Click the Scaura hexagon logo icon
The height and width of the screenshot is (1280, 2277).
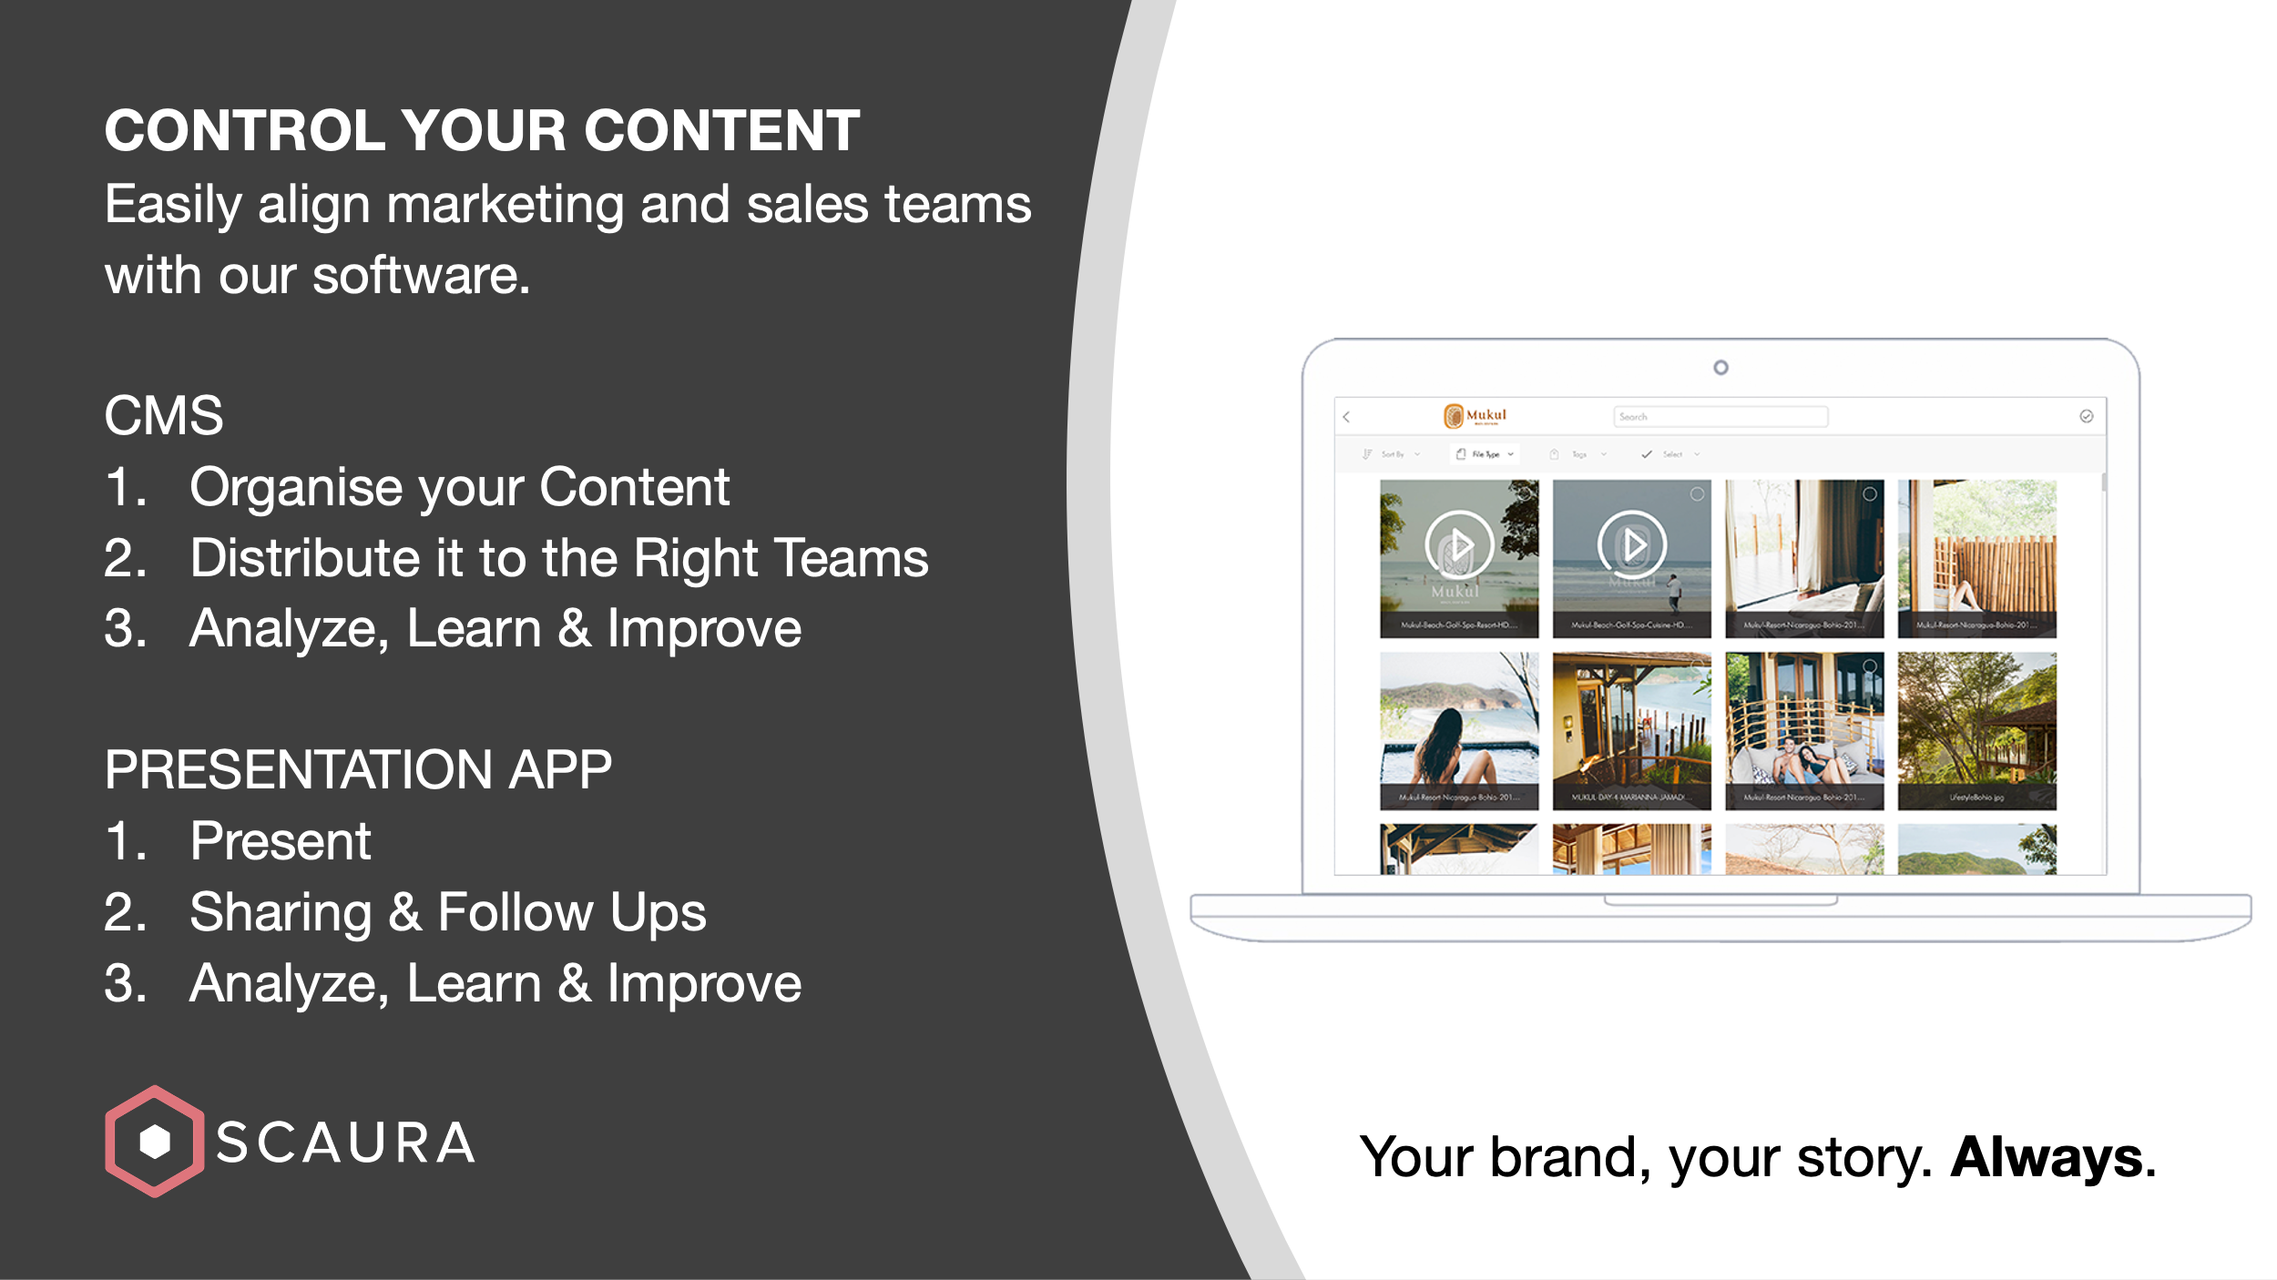pyautogui.click(x=154, y=1141)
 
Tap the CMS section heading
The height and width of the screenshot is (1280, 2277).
pyautogui.click(x=164, y=416)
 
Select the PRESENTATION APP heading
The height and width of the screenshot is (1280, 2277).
pyautogui.click(x=358, y=770)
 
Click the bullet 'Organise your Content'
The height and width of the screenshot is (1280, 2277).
pyautogui.click(x=459, y=487)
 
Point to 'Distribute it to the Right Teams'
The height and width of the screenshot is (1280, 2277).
pyautogui.click(x=558, y=558)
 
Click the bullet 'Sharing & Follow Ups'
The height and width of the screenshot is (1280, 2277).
pyautogui.click(x=447, y=912)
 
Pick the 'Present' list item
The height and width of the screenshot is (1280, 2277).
pyautogui.click(x=280, y=841)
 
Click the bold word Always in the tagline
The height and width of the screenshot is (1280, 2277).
pyautogui.click(x=2047, y=1158)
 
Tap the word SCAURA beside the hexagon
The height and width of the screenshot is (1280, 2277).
pyautogui.click(x=345, y=1143)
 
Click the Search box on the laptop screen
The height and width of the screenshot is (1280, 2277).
pyautogui.click(x=1720, y=417)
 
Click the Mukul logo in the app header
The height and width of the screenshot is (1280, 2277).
pyautogui.click(x=1475, y=416)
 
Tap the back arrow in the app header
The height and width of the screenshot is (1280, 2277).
pyautogui.click(x=1347, y=417)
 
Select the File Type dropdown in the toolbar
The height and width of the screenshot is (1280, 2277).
pyautogui.click(x=1485, y=454)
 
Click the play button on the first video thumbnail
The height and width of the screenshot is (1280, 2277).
pyautogui.click(x=1459, y=545)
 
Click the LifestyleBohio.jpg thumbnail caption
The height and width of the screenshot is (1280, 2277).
pyautogui.click(x=1976, y=797)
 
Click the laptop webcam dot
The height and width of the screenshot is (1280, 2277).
pyautogui.click(x=1721, y=368)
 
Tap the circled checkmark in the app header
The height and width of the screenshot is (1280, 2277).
pyautogui.click(x=2087, y=417)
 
